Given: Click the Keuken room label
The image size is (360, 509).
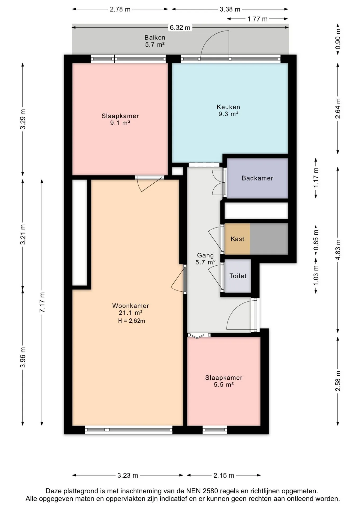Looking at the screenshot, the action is point(228,107).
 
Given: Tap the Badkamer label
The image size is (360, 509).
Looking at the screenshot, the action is point(257,178).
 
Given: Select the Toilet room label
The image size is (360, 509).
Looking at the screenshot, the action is point(238,276).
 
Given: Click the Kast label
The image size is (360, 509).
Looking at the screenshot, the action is point(237,239).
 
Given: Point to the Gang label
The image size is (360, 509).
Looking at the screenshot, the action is point(205,256).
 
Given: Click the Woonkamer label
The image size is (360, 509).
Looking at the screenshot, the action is point(130,306).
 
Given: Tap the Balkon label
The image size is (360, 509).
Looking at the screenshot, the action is point(155,38).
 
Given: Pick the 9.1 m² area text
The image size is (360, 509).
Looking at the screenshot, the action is point(120,123).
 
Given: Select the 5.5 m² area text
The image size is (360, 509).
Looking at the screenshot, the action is point(224,385).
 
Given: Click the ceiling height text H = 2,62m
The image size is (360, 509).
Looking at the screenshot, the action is point(131,321).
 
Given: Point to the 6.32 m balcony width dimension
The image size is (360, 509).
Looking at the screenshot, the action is point(180,28).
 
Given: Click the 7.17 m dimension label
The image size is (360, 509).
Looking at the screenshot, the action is point(42,302).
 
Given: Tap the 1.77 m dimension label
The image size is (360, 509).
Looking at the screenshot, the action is point(257,19).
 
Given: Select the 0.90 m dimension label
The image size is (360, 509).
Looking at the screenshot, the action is point(338,39).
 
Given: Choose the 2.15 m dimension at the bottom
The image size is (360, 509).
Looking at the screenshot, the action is point(224,475).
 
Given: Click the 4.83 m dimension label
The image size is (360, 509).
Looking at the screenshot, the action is point(338,250).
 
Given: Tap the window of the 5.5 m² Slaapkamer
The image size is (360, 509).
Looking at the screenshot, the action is point(215,430).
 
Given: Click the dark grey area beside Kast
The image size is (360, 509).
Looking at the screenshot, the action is point(269,239).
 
